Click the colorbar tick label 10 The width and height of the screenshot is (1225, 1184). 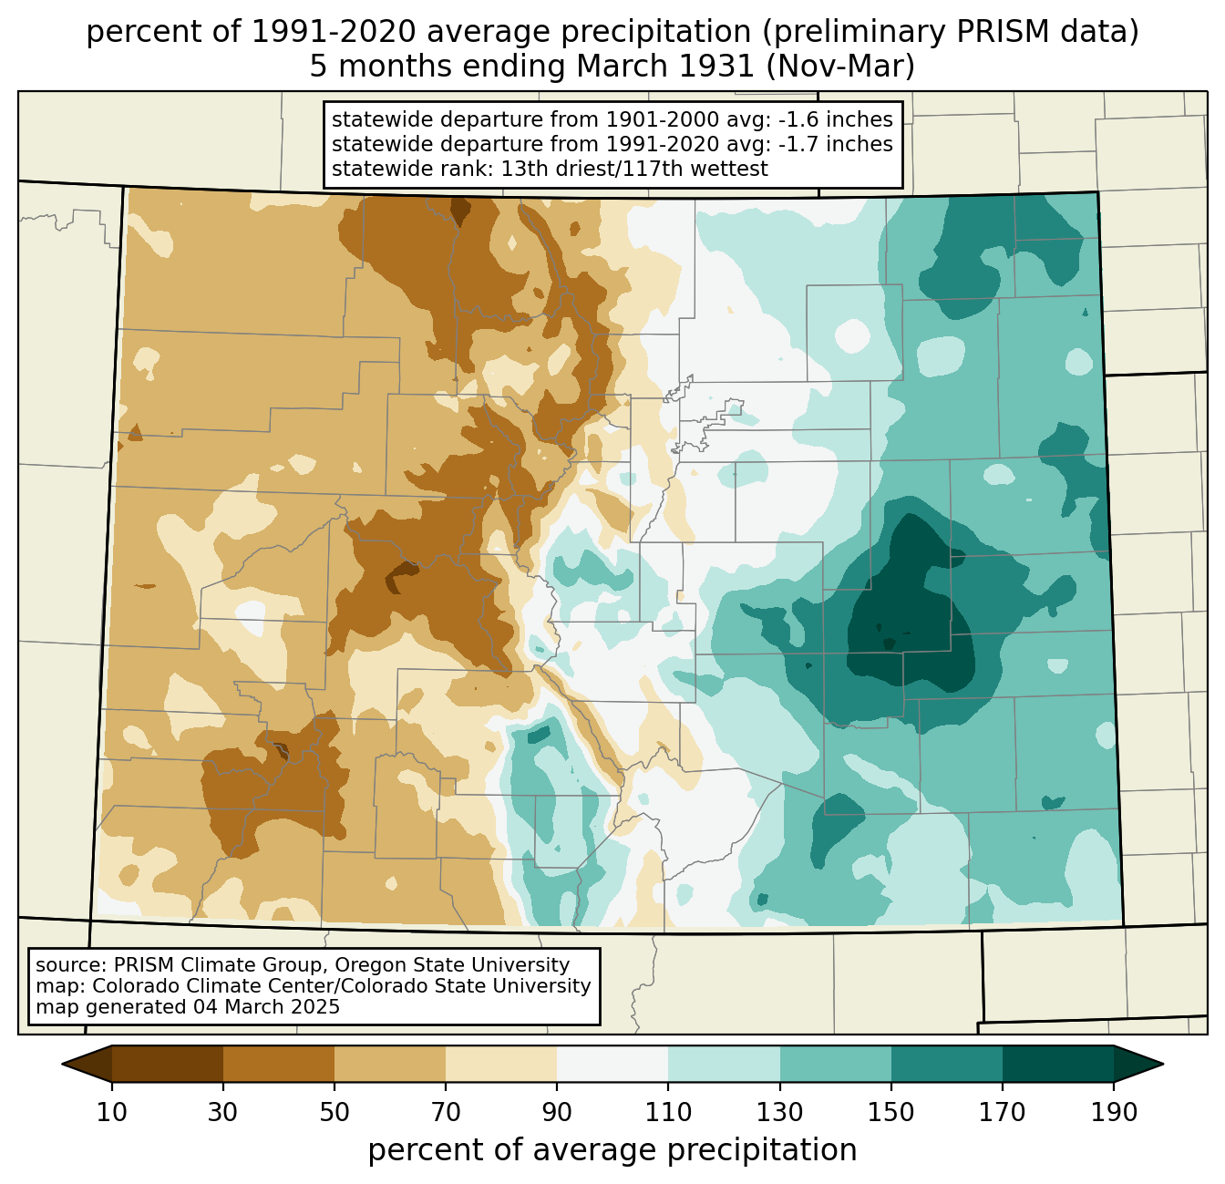111,1112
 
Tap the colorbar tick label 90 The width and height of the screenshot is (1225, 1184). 557,1112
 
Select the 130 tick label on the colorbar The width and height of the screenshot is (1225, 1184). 779,1112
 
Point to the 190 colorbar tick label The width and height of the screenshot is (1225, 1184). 1114,1112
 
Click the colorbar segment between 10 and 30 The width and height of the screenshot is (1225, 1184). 168,1064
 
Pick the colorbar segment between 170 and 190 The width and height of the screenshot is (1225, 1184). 1057,1064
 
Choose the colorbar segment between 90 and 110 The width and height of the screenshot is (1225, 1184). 612,1064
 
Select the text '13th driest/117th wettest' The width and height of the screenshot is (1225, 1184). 634,169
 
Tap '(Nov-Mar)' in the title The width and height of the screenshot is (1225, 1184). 839,67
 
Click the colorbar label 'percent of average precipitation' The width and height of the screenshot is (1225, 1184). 612,1149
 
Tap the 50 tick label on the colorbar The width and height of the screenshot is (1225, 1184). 335,1112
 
